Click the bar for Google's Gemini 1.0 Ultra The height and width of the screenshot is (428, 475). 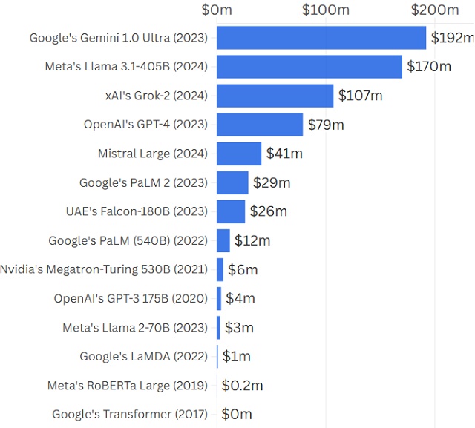pyautogui.click(x=321, y=38)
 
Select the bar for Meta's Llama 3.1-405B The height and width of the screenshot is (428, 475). pyautogui.click(x=309, y=67)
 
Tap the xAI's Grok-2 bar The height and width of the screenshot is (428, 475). pyautogui.click(x=275, y=96)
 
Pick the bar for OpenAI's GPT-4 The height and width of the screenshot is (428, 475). pyautogui.click(x=260, y=125)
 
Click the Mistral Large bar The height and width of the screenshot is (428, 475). pyautogui.click(x=239, y=154)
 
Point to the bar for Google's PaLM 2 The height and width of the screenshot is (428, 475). pyautogui.click(x=232, y=182)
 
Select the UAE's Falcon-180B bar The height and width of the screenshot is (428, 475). pyautogui.click(x=231, y=211)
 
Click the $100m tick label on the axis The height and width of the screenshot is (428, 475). pyautogui.click(x=326, y=10)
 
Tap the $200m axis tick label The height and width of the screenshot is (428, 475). pyautogui.click(x=435, y=10)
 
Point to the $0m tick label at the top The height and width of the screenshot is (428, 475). pyautogui.click(x=217, y=10)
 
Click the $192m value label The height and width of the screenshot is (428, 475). pyautogui.click(x=452, y=38)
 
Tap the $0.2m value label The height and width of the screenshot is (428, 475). pyautogui.click(x=243, y=386)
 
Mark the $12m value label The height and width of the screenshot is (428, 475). pyautogui.click(x=252, y=240)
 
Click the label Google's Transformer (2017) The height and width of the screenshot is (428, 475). pyautogui.click(x=130, y=415)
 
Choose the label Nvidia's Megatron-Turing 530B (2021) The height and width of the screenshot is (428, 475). pyautogui.click(x=104, y=269)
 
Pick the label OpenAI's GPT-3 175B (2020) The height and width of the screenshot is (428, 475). pyautogui.click(x=131, y=298)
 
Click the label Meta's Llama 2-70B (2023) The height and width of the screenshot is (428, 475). pyautogui.click(x=135, y=327)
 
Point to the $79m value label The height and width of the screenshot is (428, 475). pyautogui.click(x=326, y=125)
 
